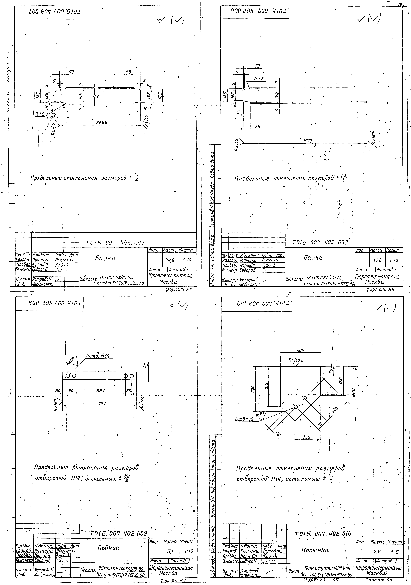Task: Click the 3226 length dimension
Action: (101, 123)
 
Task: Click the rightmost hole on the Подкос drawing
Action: (132, 376)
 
